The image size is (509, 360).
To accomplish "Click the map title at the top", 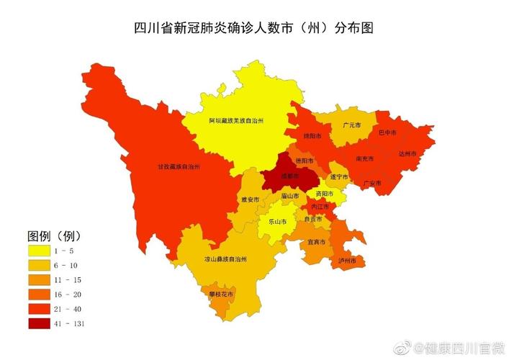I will (x=254, y=30).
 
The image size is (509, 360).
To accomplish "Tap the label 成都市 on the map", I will (x=281, y=175).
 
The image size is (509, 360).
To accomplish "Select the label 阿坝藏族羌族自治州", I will (x=235, y=121).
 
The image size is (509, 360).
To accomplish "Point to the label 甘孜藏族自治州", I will (x=179, y=166).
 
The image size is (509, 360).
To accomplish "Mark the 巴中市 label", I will (x=388, y=132).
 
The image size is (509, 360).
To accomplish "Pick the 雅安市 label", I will (x=249, y=199).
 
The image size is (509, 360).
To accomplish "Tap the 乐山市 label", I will (x=278, y=221).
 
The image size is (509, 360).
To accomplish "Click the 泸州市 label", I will (x=347, y=260).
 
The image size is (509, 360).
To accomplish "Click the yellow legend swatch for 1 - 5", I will (x=40, y=251).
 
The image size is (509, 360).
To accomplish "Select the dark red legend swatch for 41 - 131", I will (x=40, y=323).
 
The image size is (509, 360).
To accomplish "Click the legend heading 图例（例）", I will (x=54, y=236).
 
